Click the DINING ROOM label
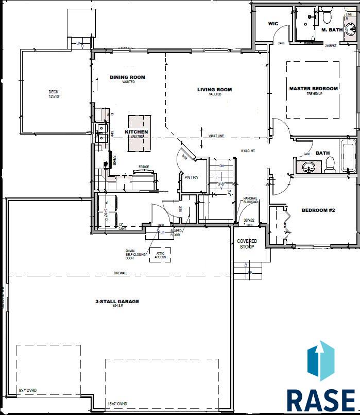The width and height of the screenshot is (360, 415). point(127,77)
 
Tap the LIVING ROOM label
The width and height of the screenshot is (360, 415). point(214,90)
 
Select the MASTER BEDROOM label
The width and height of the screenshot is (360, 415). point(313,89)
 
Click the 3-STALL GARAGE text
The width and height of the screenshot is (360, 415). point(117,302)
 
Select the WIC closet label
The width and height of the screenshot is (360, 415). point(273,24)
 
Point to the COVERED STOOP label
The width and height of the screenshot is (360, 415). point(247,243)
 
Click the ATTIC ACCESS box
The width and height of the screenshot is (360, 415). point(160,255)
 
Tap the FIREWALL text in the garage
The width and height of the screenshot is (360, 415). point(122,273)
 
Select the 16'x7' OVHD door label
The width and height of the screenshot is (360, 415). point(116,403)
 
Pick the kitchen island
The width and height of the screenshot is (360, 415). point(140,134)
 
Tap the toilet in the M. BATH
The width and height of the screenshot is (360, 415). point(327,19)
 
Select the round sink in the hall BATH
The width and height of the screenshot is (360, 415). point(308,167)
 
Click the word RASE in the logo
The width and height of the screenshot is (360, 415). point(320,400)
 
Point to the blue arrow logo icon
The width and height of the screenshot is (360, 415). point(320,360)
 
